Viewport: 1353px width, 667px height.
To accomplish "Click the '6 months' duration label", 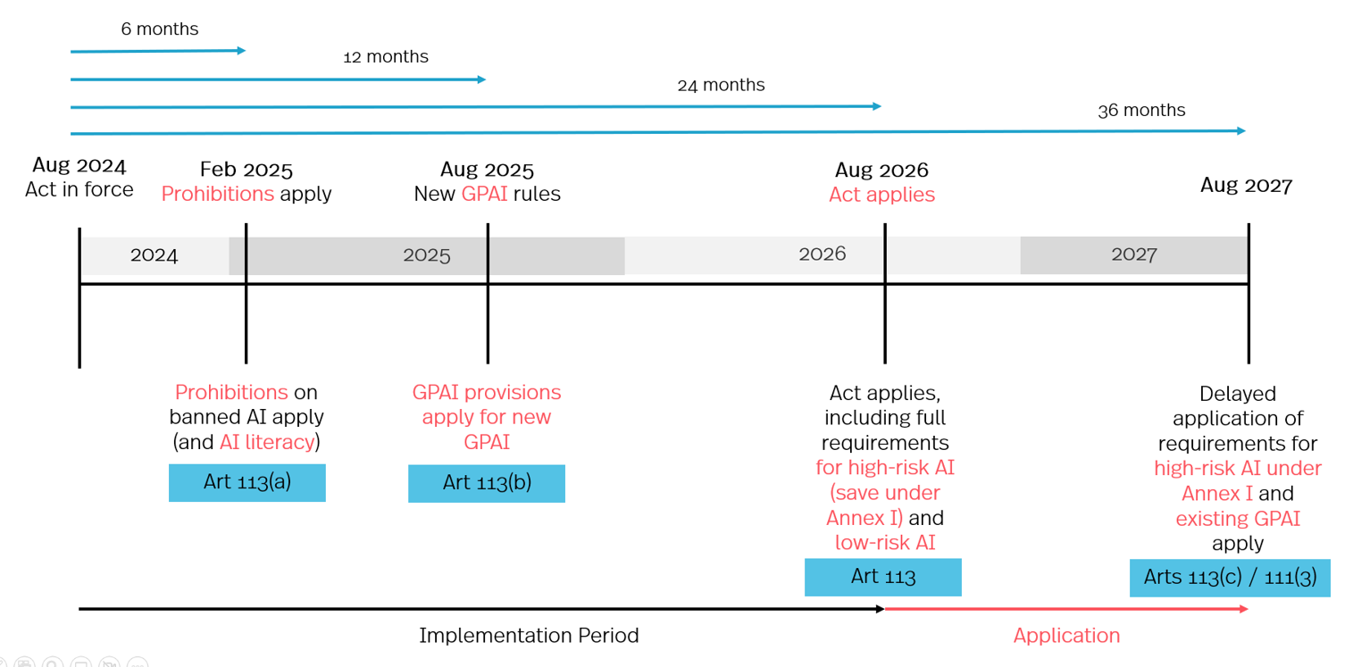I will click(x=160, y=29).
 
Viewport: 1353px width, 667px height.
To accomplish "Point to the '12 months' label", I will click(x=386, y=57).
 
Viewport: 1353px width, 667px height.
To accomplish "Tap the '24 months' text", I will click(x=721, y=86).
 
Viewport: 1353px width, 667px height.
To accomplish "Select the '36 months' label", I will click(x=1141, y=111).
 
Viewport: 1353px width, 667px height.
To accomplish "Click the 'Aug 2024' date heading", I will click(x=79, y=165).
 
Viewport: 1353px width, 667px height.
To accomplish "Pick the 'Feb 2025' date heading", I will click(x=246, y=170).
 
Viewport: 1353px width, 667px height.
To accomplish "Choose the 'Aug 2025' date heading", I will click(x=487, y=170).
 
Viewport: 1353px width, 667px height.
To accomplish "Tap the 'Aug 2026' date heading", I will click(x=881, y=170).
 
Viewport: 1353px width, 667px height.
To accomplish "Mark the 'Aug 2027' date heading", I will click(x=1246, y=186).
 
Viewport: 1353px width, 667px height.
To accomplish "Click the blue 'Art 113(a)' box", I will click(x=247, y=482).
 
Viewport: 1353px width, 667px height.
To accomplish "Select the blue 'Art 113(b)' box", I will click(x=487, y=483).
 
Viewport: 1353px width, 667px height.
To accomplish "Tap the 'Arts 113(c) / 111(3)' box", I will click(x=1230, y=578).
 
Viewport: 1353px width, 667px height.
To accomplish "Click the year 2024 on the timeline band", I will click(x=155, y=255).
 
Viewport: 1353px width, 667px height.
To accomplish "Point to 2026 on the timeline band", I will click(x=822, y=254).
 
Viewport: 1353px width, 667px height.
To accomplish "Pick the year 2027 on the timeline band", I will click(x=1134, y=254).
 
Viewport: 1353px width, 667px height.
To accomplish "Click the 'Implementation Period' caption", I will click(x=529, y=636).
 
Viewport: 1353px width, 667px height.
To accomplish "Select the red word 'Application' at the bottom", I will click(x=1066, y=636).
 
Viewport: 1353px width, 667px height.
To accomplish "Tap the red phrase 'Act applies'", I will click(x=881, y=195).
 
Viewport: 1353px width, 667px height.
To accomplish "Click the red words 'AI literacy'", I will click(x=267, y=442).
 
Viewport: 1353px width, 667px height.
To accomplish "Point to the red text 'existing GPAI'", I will click(x=1238, y=519).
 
